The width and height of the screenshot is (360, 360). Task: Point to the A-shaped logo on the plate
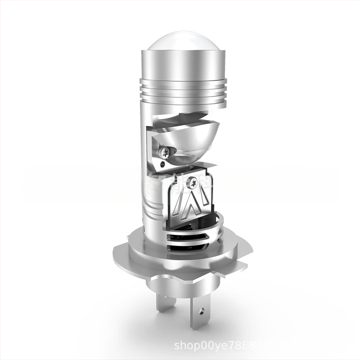pos(191,202)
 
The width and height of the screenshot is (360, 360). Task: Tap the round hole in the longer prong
pos(201,311)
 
